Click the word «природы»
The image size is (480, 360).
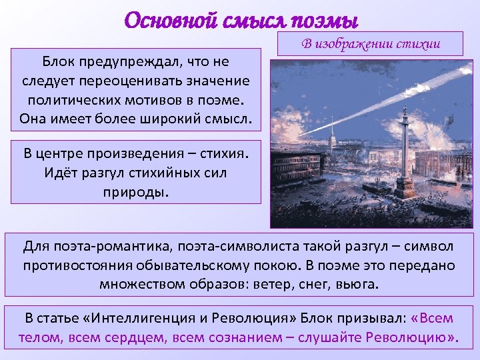click(x=137, y=191)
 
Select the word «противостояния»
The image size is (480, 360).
click(x=79, y=265)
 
